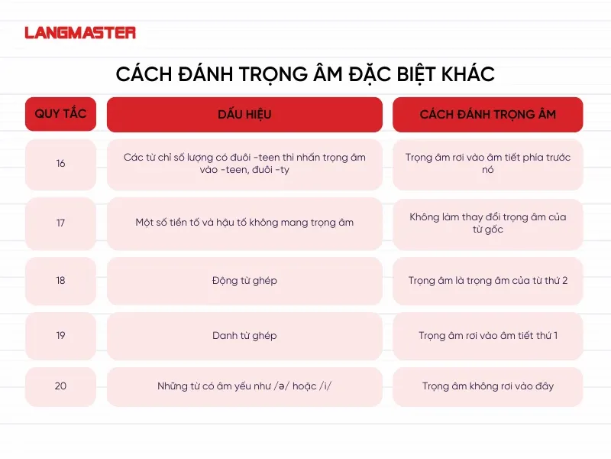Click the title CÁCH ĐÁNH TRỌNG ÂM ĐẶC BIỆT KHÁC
(305, 73)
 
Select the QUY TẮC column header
(60, 114)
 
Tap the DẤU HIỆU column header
(244, 115)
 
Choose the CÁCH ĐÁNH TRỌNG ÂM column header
(487, 115)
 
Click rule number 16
(60, 164)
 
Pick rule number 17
(60, 223)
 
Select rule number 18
(60, 280)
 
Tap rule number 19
(60, 336)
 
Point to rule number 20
(60, 386)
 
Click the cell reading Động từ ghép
(244, 280)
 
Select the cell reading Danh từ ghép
(244, 336)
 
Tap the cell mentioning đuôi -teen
(244, 164)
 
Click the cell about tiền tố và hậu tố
(244, 223)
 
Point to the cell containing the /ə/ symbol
(244, 386)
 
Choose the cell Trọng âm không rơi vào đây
(487, 386)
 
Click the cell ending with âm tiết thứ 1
(487, 336)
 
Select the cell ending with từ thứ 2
(487, 280)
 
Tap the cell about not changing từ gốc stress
(487, 223)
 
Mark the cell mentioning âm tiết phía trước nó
(487, 164)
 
